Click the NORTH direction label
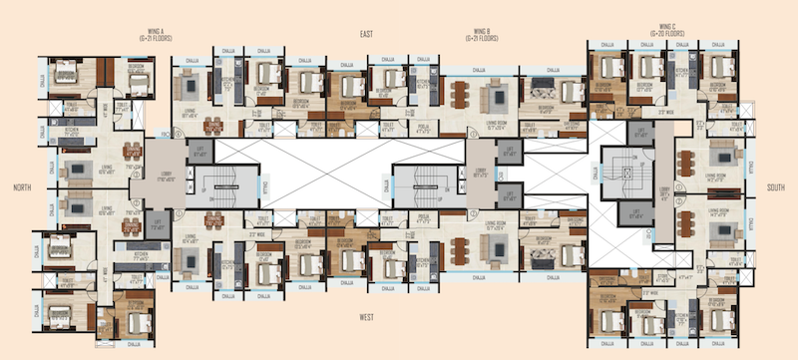[17, 186]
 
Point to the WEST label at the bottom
[366, 318]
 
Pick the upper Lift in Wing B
[510, 153]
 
